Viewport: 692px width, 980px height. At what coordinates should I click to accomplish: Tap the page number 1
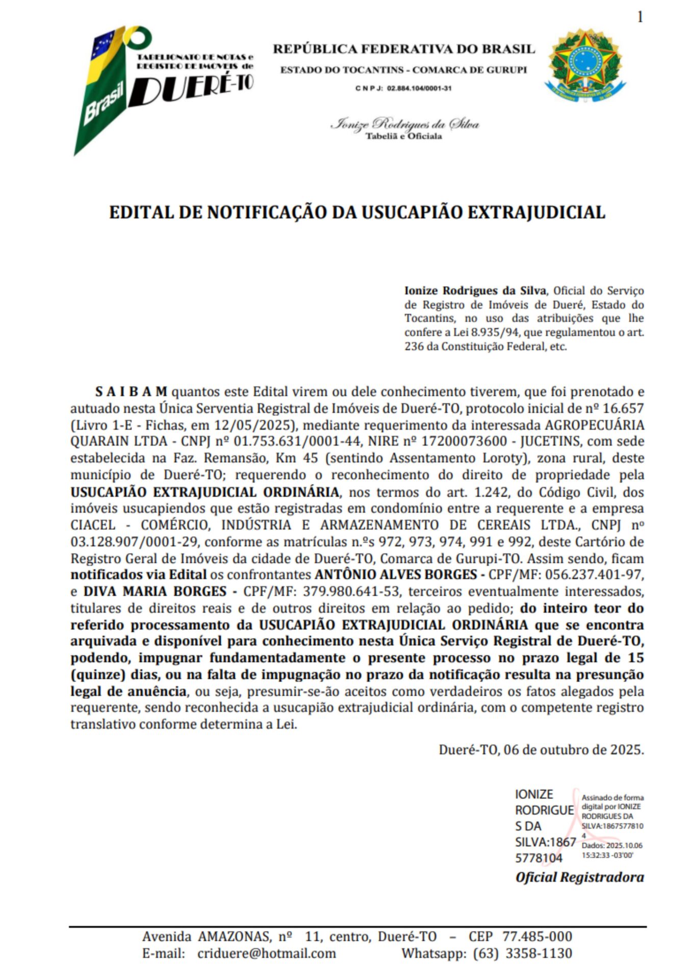pyautogui.click(x=640, y=17)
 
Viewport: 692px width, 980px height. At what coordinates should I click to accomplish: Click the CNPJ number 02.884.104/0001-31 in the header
pyautogui.click(x=419, y=88)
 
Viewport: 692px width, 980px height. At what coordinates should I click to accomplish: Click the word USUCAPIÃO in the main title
pyautogui.click(x=411, y=212)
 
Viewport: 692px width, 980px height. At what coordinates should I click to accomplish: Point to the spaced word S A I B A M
pyautogui.click(x=131, y=392)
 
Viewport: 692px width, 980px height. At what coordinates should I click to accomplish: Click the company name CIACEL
pyautogui.click(x=93, y=525)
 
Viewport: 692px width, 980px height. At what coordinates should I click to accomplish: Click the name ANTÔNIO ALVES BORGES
pyautogui.click(x=395, y=575)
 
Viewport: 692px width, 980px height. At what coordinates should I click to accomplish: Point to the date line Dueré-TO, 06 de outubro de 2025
pyautogui.click(x=541, y=750)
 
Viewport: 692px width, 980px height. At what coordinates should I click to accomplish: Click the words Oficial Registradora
pyautogui.click(x=579, y=877)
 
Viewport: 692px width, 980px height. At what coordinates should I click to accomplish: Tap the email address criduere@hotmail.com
pyautogui.click(x=267, y=953)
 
